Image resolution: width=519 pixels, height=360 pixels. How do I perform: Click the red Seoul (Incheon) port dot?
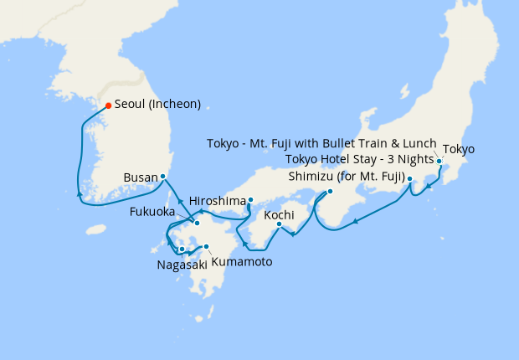pos(108,105)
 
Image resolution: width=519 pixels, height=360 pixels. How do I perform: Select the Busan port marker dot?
pos(162,176)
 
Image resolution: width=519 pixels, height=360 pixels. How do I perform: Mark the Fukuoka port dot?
pos(197,223)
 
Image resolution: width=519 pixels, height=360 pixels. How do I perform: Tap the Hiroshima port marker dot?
pos(250,199)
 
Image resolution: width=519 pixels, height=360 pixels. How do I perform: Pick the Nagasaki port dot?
pos(182,249)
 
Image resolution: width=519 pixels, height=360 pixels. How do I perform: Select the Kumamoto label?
pos(242,261)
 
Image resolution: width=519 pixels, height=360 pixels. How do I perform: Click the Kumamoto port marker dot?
pos(207,246)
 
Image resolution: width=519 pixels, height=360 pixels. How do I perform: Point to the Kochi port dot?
pos(279,224)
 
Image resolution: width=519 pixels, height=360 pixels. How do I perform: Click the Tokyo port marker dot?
pos(439,161)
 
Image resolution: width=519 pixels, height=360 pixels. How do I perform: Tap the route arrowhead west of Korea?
pos(80,193)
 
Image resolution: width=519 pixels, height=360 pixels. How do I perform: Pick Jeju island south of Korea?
pos(98,229)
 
